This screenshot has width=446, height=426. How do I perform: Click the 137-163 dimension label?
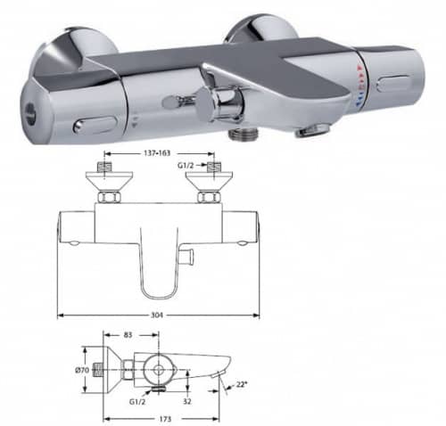[157, 153]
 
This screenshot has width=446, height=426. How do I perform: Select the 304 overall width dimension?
[157, 315]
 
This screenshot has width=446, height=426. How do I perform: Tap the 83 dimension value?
[128, 335]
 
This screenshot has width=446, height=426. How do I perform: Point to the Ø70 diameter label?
[82, 370]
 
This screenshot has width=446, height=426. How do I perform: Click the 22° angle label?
[241, 384]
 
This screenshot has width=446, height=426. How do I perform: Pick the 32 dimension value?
[187, 401]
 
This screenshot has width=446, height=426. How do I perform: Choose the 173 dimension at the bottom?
[165, 419]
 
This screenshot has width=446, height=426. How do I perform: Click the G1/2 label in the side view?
[137, 402]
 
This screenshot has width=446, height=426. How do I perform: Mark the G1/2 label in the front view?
[186, 166]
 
